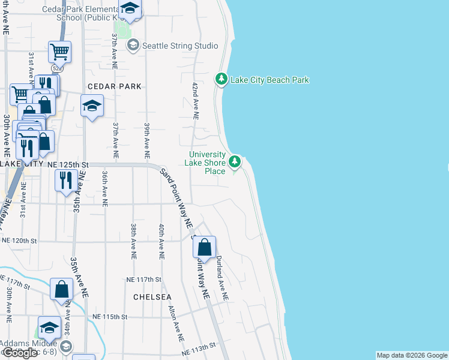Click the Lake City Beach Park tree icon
tap(221, 79)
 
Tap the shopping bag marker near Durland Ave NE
tap(204, 247)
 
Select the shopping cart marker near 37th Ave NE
tap(60, 53)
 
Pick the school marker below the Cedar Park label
tap(92, 107)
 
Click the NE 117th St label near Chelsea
tap(144, 280)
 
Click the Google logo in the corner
tap(20, 353)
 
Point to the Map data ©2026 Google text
tap(412, 355)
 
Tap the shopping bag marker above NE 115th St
tap(62, 289)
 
